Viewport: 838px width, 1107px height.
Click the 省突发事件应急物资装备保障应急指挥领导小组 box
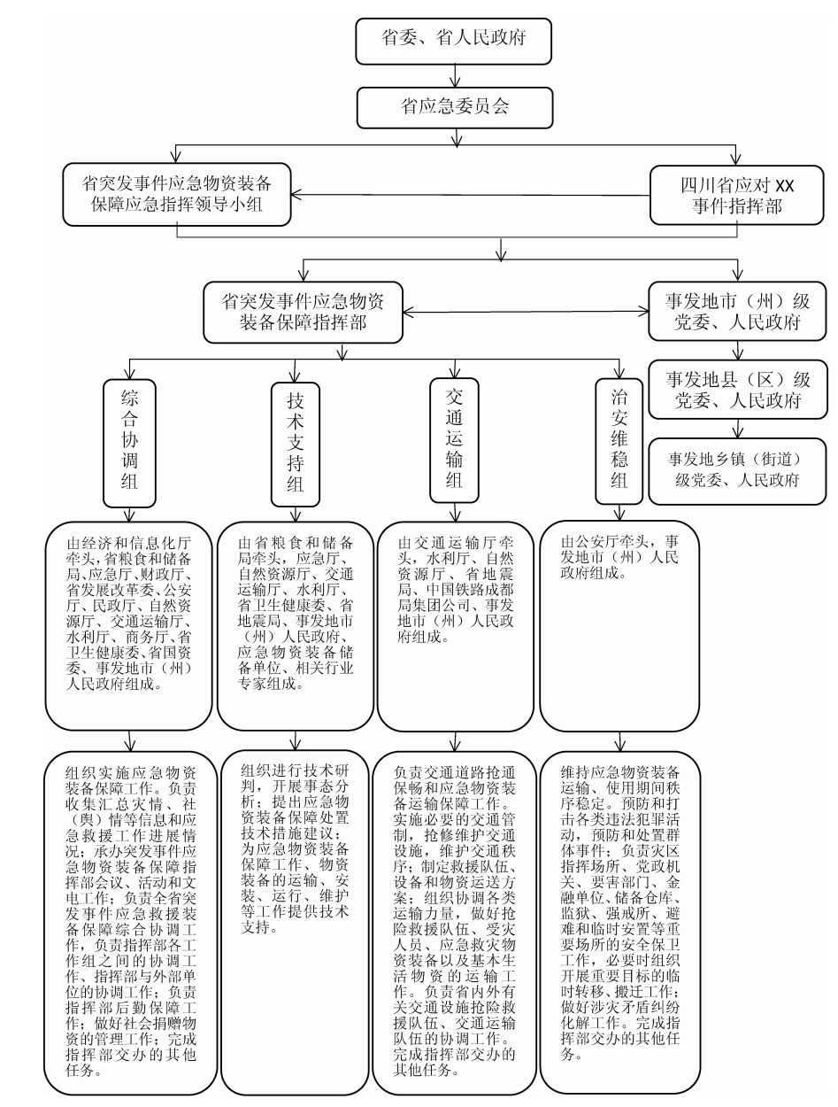click(178, 196)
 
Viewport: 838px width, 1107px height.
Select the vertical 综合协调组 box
click(131, 440)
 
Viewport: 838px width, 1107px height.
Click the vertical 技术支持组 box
click(295, 440)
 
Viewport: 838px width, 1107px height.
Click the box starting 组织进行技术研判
click(295, 921)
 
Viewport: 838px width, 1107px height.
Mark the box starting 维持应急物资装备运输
click(619, 921)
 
